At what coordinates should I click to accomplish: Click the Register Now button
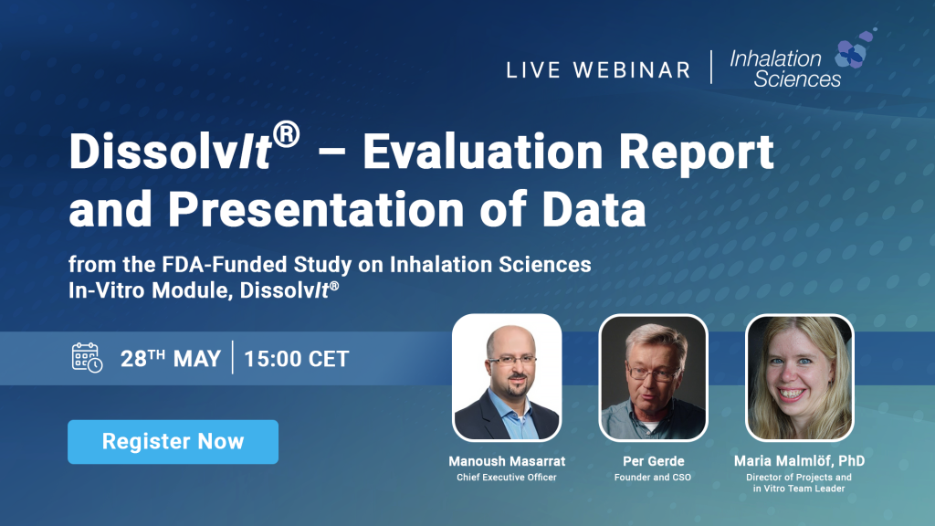coord(173,442)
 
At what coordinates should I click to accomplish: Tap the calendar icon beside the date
coord(87,358)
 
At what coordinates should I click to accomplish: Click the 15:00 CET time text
coord(297,359)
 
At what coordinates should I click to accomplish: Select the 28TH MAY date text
coord(171,359)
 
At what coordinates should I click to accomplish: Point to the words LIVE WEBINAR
coord(599,70)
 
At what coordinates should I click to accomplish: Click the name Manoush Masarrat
coord(507,461)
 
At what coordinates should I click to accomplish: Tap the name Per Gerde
coord(654,461)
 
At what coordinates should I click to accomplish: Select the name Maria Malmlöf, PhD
coord(799,461)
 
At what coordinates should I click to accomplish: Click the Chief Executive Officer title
coord(507,477)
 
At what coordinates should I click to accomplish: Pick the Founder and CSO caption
coord(653,477)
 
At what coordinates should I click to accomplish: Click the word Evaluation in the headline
coord(483,152)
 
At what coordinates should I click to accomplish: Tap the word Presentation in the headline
coord(316,210)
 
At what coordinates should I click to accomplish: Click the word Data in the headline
coord(594,210)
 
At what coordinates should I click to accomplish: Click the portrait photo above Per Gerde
coord(654,377)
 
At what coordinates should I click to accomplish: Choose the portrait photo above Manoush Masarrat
coord(507,377)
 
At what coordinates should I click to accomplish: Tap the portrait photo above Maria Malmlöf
coord(800,377)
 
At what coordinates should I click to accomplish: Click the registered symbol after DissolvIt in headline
coord(287,134)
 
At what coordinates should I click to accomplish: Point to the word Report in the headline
coord(697,153)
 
